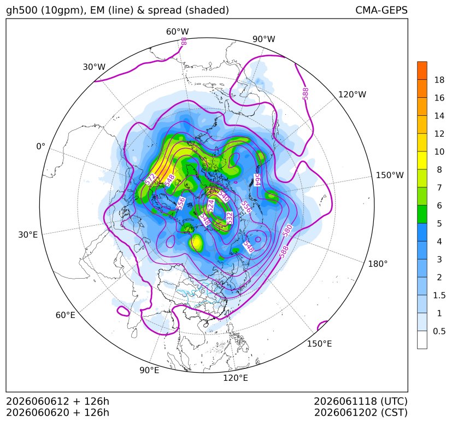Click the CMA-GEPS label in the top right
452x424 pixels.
pos(381,10)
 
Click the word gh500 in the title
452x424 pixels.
pos(22,10)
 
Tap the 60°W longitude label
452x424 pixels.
pos(177,32)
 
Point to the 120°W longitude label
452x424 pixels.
pos(353,95)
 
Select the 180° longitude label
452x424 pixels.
pos(378,263)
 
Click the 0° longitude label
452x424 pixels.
pos(40,146)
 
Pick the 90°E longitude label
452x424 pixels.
pos(149,370)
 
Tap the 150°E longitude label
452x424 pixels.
pos(319,344)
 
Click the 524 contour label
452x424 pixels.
pos(211,206)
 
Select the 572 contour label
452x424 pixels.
pos(150,179)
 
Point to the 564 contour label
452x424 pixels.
pos(257,180)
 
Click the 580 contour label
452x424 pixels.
pos(287,231)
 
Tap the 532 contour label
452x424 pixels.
pos(229,218)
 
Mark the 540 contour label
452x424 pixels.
pos(224,196)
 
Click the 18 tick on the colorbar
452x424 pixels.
pos(439,80)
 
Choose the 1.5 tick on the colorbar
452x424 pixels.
pos(439,295)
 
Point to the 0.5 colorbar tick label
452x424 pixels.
pos(439,331)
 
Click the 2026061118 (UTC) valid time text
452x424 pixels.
pos(361,401)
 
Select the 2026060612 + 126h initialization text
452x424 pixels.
pos(57,401)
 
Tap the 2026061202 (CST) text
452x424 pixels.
pos(361,413)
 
